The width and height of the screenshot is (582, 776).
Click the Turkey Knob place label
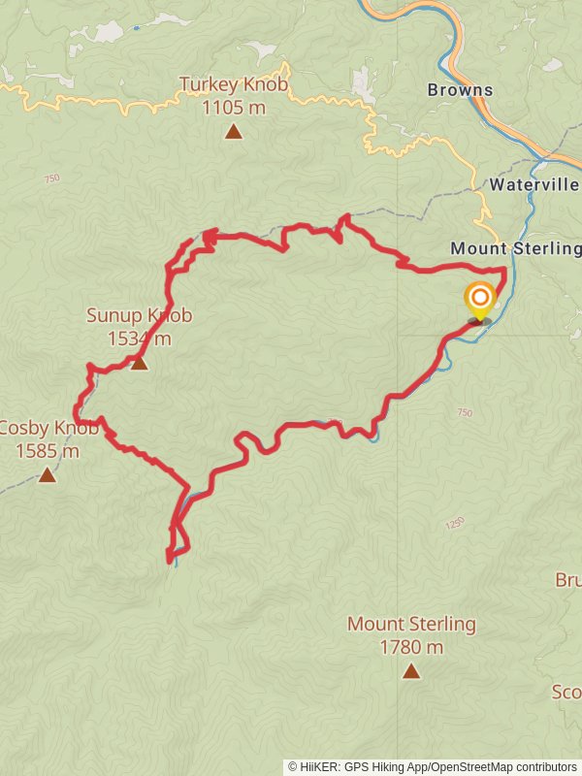point(233,85)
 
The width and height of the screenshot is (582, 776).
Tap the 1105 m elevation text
point(233,107)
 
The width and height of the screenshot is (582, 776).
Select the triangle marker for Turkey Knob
point(233,131)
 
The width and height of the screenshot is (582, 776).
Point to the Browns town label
point(460,90)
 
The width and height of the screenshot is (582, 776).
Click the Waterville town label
point(533,184)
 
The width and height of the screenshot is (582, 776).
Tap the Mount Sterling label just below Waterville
point(515,248)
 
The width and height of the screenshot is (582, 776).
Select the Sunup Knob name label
point(139,315)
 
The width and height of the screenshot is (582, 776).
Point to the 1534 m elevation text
point(139,339)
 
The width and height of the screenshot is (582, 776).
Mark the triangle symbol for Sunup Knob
point(139,363)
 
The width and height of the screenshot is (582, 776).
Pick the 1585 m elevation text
point(47,450)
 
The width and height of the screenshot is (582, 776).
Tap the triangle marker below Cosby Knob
point(47,474)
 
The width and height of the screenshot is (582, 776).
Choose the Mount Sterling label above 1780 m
point(411,624)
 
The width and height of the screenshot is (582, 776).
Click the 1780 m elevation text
point(411,647)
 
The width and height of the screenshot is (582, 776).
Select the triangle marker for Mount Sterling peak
point(411,670)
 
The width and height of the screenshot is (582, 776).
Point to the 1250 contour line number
point(455,524)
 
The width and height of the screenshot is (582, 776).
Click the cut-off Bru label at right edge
point(568,580)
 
